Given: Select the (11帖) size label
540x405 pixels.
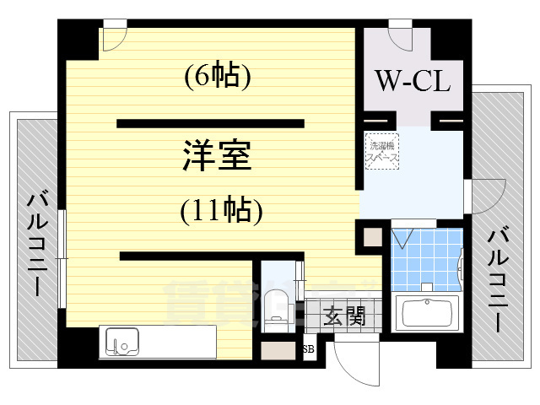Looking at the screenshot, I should point(219,210).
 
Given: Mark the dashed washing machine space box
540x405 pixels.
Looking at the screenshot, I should point(382,152).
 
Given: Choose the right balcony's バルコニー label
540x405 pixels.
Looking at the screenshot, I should point(498,278).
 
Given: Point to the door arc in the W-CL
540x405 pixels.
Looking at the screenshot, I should point(399,40).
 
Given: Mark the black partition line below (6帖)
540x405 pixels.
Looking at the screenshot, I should point(210,123).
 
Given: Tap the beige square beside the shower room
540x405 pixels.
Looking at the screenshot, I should point(372,237).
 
